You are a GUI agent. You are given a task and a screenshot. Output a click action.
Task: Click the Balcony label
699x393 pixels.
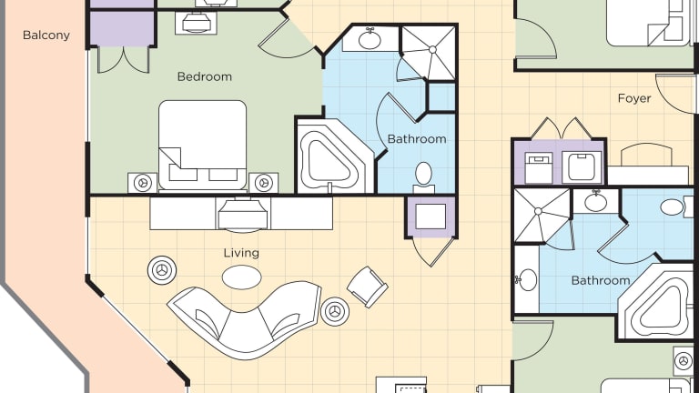tap(46, 35)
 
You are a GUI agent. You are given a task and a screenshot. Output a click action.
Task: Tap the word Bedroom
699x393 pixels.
tap(205, 76)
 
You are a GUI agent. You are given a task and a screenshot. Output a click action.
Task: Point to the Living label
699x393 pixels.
tap(241, 253)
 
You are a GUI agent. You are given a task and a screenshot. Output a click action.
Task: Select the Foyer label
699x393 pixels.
tap(634, 98)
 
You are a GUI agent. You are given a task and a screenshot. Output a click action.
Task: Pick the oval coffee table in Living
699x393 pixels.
tap(241, 277)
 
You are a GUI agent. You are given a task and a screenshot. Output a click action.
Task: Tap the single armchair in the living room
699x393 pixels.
tap(368, 287)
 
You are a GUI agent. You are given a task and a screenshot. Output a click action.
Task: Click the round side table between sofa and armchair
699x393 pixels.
tap(335, 311)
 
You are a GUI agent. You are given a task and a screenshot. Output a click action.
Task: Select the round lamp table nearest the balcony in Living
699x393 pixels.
tap(162, 270)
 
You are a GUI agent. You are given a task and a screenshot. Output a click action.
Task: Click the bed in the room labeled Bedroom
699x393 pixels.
tap(202, 146)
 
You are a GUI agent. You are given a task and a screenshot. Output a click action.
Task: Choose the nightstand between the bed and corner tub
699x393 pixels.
tap(263, 183)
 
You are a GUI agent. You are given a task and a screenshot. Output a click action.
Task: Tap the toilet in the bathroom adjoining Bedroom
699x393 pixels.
tap(423, 176)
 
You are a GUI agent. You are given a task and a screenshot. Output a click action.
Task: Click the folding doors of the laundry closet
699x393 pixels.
tap(562, 128)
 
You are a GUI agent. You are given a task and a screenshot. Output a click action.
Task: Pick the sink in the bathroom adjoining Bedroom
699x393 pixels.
tap(370, 39)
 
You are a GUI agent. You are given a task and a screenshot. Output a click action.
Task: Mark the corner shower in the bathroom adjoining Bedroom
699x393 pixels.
tap(429, 53)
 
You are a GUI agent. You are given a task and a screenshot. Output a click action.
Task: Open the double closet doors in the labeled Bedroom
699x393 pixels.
tap(123, 59)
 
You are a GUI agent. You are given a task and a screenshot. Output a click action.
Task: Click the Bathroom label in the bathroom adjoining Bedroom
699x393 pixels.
tap(417, 139)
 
